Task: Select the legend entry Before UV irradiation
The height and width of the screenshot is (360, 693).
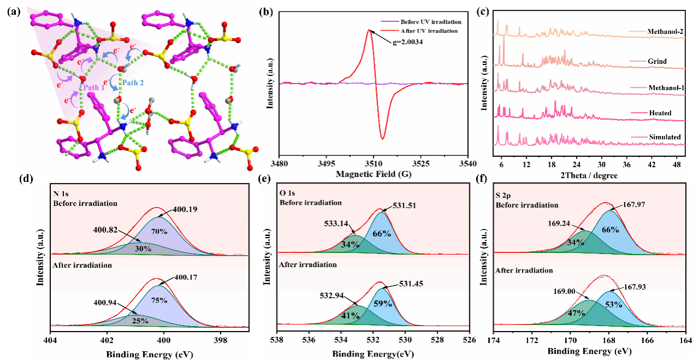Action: pos(431,22)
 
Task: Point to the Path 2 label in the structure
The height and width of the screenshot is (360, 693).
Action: pos(133,83)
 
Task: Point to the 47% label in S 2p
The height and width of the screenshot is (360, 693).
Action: pos(572,313)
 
